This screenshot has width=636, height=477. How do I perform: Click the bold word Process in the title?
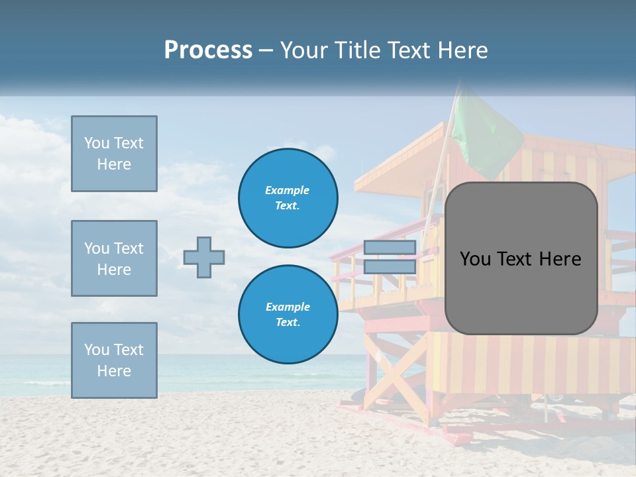point(208,50)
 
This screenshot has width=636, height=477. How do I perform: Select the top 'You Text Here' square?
point(114,154)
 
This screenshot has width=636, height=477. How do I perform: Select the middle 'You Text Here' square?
point(114,258)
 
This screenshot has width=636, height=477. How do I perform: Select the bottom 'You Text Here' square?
point(114,360)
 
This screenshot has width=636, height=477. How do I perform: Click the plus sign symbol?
point(204,257)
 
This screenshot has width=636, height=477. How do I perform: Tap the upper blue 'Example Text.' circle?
point(288,197)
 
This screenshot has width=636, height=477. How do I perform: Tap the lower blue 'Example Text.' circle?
point(288,314)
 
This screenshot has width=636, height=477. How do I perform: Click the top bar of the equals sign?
point(390,248)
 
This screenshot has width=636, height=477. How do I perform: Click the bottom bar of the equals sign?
point(390,266)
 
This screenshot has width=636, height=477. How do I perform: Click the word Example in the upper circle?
point(288,190)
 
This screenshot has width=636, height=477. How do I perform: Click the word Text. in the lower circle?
point(288,323)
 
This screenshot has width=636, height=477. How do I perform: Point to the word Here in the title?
point(463,50)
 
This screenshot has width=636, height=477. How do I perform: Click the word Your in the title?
point(304,50)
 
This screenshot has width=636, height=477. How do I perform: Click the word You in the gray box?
point(475,259)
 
